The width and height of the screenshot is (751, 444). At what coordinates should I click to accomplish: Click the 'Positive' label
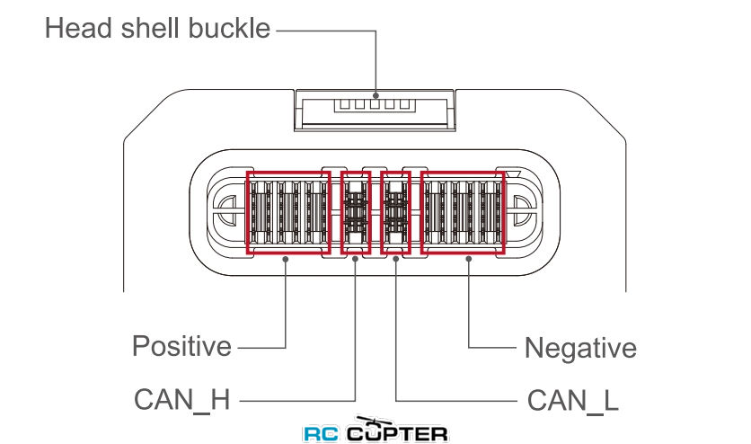181,346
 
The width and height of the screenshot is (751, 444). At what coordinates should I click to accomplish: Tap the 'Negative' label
580,348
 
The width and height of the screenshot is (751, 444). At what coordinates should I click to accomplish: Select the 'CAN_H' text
182,399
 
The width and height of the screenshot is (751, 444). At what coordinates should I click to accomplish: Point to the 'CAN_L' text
573,401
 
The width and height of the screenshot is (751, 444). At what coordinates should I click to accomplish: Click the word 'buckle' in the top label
229,28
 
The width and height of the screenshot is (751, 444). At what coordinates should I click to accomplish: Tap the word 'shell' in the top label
150,28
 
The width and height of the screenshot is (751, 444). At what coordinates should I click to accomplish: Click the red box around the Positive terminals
248,213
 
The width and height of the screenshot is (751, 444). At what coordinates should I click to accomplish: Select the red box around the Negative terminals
422,213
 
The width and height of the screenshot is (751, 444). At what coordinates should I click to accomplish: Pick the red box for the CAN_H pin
342,213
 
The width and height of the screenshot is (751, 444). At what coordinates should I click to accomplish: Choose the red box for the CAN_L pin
382,213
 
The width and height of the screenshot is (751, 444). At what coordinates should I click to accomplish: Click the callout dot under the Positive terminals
286,259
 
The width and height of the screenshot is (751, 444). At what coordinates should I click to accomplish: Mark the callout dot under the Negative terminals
469,259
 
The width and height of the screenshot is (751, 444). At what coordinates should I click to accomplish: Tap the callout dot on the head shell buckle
376,96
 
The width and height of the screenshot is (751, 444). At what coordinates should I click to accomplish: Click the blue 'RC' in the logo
322,434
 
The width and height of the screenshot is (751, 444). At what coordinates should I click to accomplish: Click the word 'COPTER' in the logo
398,433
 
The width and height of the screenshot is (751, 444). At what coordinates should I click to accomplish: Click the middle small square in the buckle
375,105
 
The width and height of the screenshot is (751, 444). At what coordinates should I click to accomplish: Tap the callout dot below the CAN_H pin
355,259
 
